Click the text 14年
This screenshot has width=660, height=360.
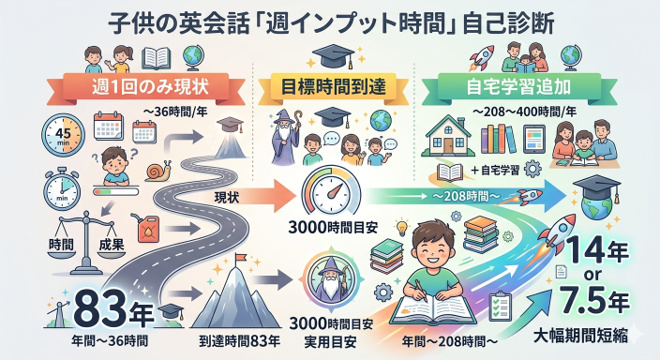pos(604,252)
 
